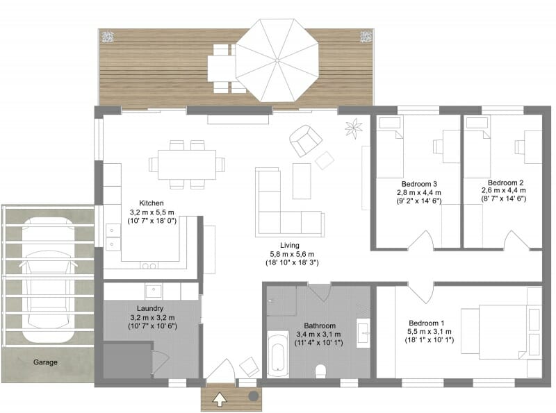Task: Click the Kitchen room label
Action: click(x=151, y=203)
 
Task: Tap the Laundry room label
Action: click(x=150, y=308)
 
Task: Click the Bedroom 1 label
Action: click(x=426, y=323)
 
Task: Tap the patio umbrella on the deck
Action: click(x=276, y=60)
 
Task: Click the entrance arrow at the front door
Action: click(x=220, y=398)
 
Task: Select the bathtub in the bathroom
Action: click(x=277, y=353)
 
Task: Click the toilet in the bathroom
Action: click(x=322, y=371)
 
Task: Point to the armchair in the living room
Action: click(x=304, y=140)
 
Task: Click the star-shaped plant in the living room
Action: click(x=354, y=128)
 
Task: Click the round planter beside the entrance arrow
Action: click(x=253, y=395)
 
